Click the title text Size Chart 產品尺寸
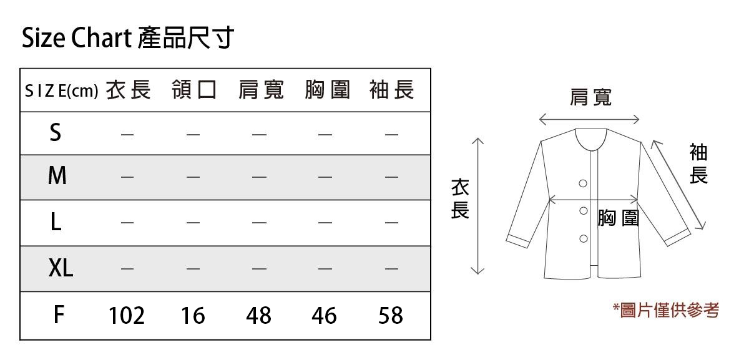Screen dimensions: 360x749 click(x=127, y=39)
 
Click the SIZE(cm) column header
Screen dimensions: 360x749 click(x=62, y=91)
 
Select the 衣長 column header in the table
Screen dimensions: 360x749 click(x=128, y=90)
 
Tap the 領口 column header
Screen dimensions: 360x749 click(x=193, y=90)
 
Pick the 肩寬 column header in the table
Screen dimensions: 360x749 click(x=260, y=90)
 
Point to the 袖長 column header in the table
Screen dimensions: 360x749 click(x=391, y=90)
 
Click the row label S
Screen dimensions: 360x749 click(x=56, y=133)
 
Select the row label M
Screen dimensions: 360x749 click(x=57, y=177)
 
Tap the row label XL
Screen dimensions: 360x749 click(x=61, y=269)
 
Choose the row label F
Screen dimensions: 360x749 click(x=58, y=315)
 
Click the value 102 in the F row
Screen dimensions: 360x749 click(x=127, y=316)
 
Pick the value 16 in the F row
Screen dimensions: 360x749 click(x=193, y=316)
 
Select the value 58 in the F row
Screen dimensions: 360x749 click(x=391, y=316)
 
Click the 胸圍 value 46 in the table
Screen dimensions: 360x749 click(x=324, y=316)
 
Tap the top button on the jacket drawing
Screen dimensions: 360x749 click(x=583, y=183)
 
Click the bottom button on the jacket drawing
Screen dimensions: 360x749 click(x=584, y=238)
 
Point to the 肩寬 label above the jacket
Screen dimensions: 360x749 click(x=590, y=97)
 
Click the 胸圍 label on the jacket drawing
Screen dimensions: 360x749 click(x=618, y=218)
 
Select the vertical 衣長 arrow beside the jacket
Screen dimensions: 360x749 click(x=477, y=206)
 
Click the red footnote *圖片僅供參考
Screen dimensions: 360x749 click(x=665, y=309)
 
